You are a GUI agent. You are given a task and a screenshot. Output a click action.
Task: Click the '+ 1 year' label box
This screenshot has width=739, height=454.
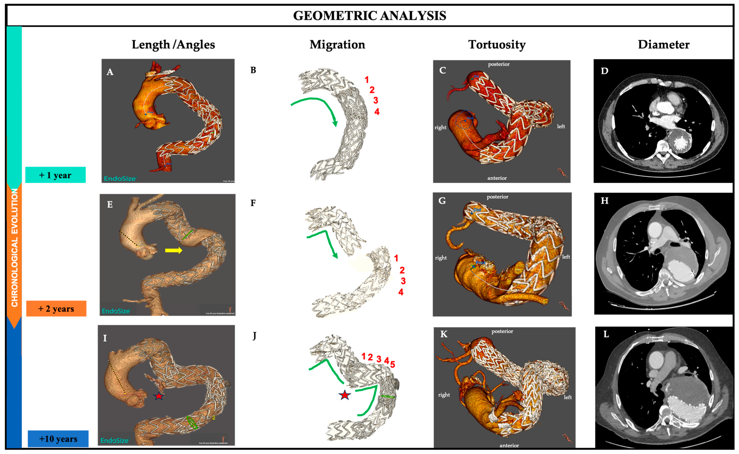pyautogui.click(x=55, y=175)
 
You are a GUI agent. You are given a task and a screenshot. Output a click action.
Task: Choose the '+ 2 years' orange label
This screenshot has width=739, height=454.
pyautogui.click(x=56, y=309)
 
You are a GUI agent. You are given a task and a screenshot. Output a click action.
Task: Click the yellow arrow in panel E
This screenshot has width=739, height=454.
pyautogui.click(x=173, y=250)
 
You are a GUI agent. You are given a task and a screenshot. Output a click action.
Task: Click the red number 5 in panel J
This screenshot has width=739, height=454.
pyautogui.click(x=392, y=364)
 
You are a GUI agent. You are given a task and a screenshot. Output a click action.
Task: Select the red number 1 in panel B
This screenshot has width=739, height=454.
pyautogui.click(x=366, y=80)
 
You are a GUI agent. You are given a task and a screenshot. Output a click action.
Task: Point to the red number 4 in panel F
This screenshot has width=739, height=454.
pyautogui.click(x=401, y=292)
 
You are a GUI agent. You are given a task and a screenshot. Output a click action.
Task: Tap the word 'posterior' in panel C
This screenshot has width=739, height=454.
pyautogui.click(x=499, y=64)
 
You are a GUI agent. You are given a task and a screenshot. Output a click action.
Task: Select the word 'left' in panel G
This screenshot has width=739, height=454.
pyautogui.click(x=566, y=257)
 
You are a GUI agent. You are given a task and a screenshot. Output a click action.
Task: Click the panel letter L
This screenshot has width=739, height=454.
pyautogui.click(x=606, y=334)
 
